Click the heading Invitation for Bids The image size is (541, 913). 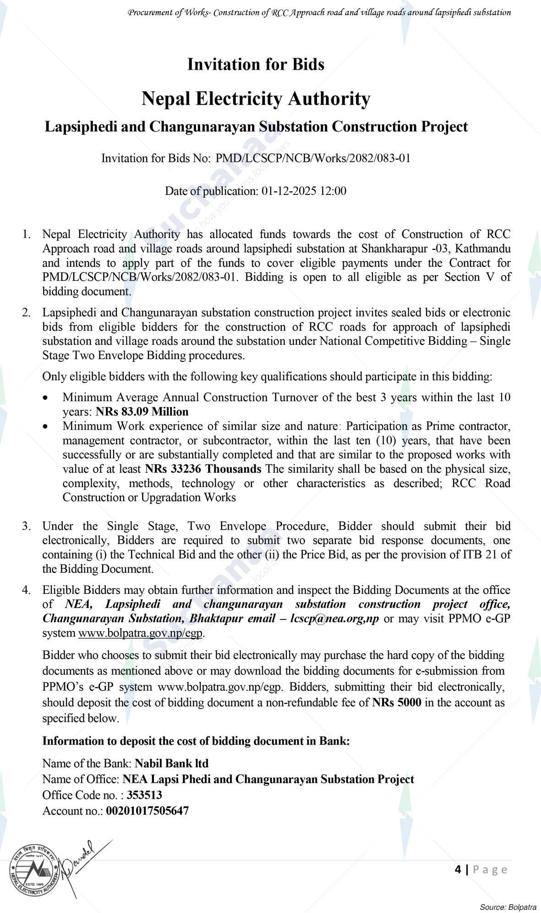click(256, 64)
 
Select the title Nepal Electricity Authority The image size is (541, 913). click(256, 99)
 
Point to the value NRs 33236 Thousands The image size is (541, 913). click(203, 469)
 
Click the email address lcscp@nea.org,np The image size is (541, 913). click(334, 618)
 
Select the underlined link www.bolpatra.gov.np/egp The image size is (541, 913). click(141, 633)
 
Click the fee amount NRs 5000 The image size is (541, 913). click(397, 702)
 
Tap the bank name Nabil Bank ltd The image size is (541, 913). click(171, 763)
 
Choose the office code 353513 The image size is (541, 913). click(144, 795)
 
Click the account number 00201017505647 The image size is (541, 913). click(147, 811)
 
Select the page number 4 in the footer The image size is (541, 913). click(458, 869)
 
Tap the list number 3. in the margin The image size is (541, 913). click(27, 526)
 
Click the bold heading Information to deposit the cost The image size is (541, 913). click(196, 741)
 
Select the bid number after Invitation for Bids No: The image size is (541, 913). click(313, 159)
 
